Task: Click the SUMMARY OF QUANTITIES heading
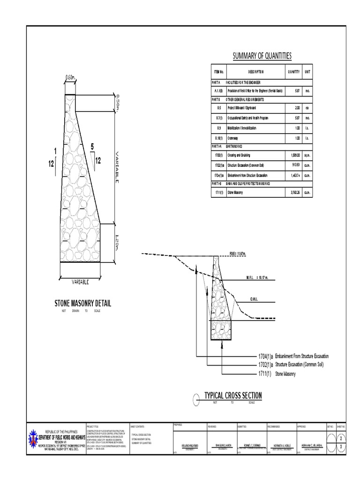coord(262,56)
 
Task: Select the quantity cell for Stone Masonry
coord(294,193)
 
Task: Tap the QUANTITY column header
coord(294,72)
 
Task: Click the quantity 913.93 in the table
coord(294,165)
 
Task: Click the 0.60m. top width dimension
coord(71,77)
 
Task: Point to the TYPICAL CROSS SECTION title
coord(233,396)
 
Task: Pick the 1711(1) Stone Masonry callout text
coord(277,374)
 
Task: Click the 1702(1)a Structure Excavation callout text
coord(290,365)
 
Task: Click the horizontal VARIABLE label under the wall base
coord(80,282)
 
